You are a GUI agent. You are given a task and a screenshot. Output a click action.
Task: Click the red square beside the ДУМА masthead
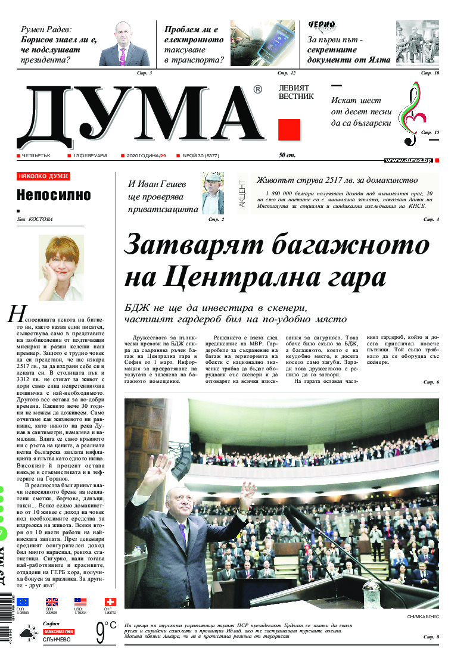pos(289,130)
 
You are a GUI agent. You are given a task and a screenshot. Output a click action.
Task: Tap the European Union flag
pos(23,602)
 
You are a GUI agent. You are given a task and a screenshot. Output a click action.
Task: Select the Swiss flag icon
pos(110,602)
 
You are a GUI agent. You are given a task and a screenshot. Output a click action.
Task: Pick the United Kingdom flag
pos(52,602)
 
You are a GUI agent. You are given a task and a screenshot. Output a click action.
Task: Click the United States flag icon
pos(80,602)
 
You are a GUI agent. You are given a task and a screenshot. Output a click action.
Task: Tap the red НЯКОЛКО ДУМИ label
pos(43,176)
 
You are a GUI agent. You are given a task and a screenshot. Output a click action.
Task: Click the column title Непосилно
pos(54,195)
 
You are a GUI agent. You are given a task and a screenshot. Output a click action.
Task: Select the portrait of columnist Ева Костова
pos(61,267)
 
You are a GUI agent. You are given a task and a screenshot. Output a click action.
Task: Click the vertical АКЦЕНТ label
pos(242,194)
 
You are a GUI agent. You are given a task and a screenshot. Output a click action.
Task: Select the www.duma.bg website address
pos(408,160)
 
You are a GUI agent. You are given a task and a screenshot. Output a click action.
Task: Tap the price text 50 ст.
pos(287,155)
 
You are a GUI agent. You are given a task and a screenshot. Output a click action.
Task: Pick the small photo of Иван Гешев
pos(213,193)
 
